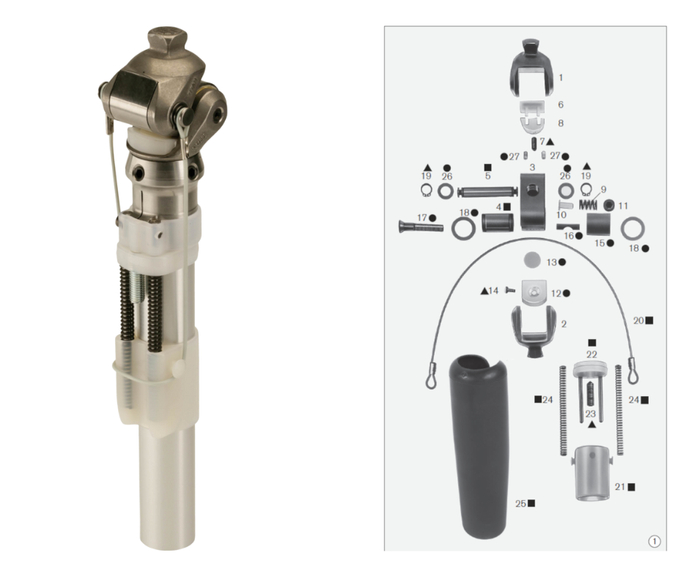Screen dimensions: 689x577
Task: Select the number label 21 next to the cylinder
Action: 619,487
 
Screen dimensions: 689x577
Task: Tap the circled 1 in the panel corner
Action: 655,541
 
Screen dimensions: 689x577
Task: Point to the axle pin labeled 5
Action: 487,191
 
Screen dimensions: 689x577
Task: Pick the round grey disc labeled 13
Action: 532,259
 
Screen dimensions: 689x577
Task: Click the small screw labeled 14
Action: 509,290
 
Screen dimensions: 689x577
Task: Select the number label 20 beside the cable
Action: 638,321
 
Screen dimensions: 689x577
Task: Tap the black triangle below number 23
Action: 592,424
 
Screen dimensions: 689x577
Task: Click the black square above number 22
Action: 592,343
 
